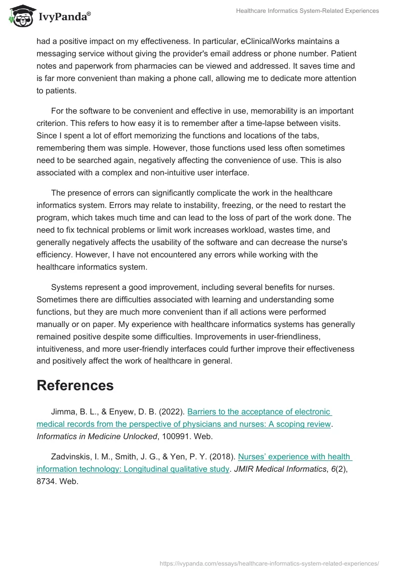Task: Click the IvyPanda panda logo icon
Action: click(20, 15)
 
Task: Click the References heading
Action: click(75, 385)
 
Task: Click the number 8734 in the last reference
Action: click(47, 481)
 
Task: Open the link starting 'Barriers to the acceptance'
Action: click(259, 412)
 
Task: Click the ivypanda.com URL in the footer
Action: click(269, 563)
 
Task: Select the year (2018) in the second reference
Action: click(222, 457)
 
